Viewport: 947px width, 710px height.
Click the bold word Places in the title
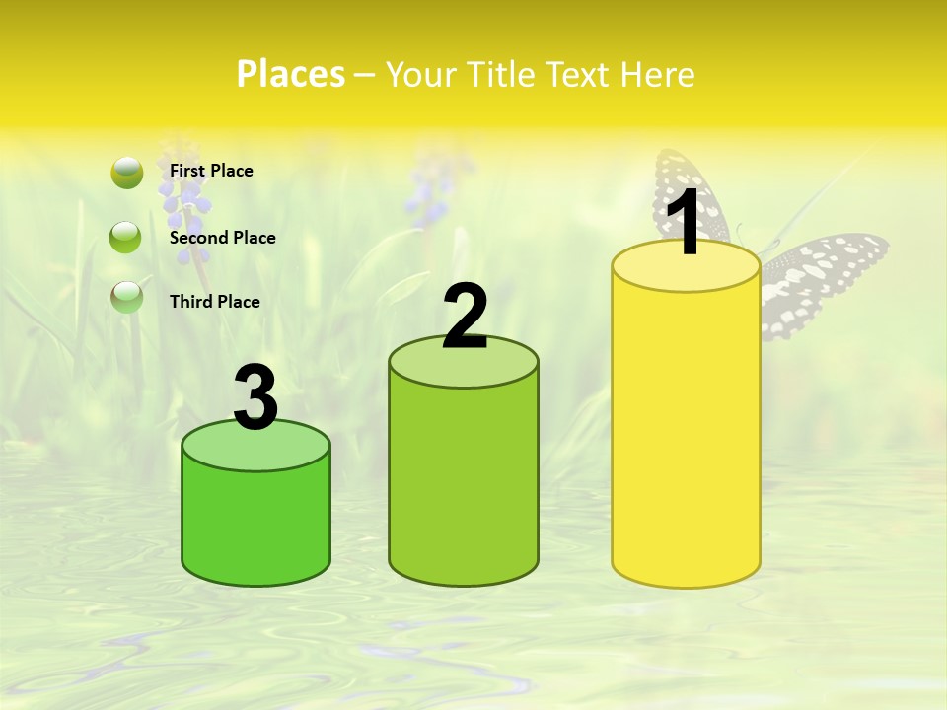[x=290, y=74]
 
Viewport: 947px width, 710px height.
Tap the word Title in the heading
[x=498, y=74]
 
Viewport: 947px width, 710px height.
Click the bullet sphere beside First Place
[x=127, y=174]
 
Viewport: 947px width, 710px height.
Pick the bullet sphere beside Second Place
[x=126, y=238]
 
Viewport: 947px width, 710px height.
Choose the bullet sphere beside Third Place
[x=126, y=296]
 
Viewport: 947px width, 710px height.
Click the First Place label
[x=211, y=171]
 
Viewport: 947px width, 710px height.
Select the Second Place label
[x=222, y=238]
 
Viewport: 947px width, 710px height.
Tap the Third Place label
[x=214, y=302]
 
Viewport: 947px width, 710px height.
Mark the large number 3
[x=255, y=397]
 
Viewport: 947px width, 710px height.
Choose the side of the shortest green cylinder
[x=255, y=523]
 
